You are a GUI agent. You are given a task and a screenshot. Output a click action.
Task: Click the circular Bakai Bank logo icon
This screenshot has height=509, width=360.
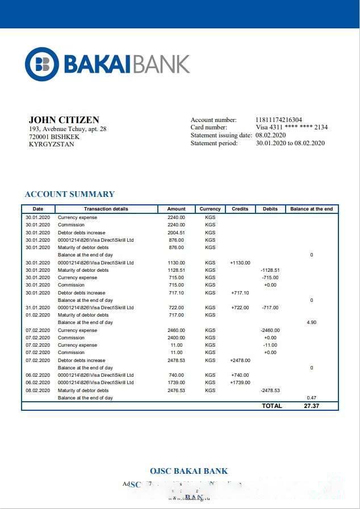[41, 64]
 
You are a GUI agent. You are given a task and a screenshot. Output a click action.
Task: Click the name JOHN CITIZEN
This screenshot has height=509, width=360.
[64, 120]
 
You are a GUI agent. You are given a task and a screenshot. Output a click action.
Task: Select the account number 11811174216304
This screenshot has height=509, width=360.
[279, 120]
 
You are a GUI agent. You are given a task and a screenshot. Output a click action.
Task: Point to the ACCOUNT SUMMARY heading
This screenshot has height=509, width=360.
[69, 194]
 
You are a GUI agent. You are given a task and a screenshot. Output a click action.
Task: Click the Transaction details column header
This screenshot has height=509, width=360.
[106, 209]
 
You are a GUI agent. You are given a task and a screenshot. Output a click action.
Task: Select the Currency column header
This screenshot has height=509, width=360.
[210, 209]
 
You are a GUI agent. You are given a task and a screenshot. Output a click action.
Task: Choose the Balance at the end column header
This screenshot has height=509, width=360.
[311, 209]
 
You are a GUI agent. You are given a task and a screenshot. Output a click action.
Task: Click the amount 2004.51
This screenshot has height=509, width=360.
[176, 233]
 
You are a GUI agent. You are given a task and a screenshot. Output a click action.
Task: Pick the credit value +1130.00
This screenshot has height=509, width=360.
[240, 263]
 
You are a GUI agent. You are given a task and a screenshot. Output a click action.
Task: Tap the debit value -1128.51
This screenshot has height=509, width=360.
[270, 270]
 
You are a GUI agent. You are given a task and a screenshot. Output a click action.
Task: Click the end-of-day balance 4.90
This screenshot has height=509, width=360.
[311, 322]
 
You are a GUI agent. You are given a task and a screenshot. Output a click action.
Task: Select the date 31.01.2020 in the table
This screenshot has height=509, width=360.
[38, 308]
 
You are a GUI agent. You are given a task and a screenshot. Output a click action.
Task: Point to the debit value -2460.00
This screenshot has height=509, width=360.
[270, 330]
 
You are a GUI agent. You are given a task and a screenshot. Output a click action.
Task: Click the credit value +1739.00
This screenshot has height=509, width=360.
[240, 382]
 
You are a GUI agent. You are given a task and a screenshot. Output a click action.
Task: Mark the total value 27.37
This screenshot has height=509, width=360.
[311, 406]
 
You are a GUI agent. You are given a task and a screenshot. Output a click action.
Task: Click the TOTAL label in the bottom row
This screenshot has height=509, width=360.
[271, 406]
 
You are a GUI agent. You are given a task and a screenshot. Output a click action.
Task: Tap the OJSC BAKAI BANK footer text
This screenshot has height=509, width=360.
[189, 471]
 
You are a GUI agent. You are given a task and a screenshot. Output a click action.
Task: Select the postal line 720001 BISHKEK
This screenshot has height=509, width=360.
[54, 137]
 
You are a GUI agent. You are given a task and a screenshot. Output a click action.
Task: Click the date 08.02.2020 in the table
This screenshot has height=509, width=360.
[38, 390]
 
